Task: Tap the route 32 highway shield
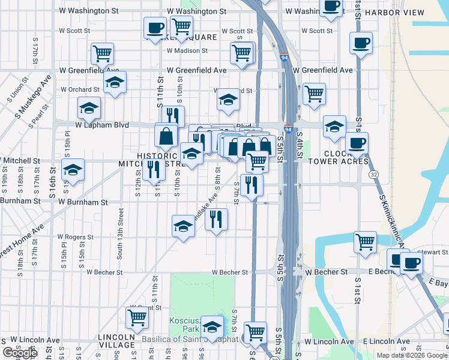pyautogui.click(x=374, y=174)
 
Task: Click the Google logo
pyautogui.click(x=20, y=353)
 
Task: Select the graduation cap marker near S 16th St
pyautogui.click(x=73, y=170)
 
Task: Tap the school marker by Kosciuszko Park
pyautogui.click(x=212, y=327)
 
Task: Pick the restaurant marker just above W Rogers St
pyautogui.click(x=216, y=219)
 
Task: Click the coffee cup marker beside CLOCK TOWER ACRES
pyautogui.click(x=357, y=144)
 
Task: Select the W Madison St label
pyautogui.click(x=191, y=51)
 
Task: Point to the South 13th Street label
pyautogui.click(x=121, y=234)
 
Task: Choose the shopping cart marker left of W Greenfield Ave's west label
pyautogui.click(x=103, y=53)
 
